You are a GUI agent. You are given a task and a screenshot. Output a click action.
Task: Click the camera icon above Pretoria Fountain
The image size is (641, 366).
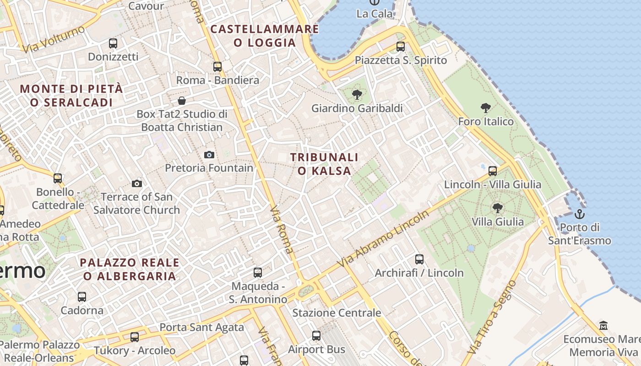point(209,155)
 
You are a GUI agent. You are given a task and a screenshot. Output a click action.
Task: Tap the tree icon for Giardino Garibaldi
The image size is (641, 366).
point(357,95)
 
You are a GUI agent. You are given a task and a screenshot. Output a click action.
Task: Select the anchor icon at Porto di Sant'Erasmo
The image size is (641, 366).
point(580,214)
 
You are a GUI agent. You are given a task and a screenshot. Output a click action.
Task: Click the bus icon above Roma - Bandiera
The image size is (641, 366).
point(217,67)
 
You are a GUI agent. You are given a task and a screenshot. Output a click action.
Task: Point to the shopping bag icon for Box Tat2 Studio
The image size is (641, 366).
point(182,101)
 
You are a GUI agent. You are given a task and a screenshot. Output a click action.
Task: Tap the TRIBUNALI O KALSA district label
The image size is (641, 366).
point(324,164)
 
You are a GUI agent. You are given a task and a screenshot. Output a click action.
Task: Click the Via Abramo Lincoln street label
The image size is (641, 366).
point(383,239)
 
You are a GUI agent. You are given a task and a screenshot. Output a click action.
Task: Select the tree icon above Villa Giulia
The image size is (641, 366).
point(498,208)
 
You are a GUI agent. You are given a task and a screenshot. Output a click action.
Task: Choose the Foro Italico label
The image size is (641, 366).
point(486,122)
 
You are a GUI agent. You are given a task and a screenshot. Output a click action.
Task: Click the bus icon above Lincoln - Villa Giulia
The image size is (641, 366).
point(493,171)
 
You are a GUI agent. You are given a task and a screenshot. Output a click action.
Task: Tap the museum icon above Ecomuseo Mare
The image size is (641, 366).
point(603,326)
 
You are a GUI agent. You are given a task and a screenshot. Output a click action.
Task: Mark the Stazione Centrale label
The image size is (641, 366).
point(337,313)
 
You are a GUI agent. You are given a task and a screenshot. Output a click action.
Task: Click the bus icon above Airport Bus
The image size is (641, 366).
point(316,336)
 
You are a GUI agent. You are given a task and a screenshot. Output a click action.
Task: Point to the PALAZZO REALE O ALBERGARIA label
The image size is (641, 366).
point(130,269)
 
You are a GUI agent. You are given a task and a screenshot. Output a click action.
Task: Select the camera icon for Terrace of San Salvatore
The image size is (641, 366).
point(136,183)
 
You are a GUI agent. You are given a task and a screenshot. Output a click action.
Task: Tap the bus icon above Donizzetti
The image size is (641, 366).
point(113,43)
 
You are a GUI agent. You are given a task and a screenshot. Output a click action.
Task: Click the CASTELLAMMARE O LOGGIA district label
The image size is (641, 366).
point(265,36)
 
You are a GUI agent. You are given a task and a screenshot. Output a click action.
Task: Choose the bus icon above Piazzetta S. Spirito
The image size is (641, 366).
point(401,47)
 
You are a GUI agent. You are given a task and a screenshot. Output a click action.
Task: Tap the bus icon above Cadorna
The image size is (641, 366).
point(82,297)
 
